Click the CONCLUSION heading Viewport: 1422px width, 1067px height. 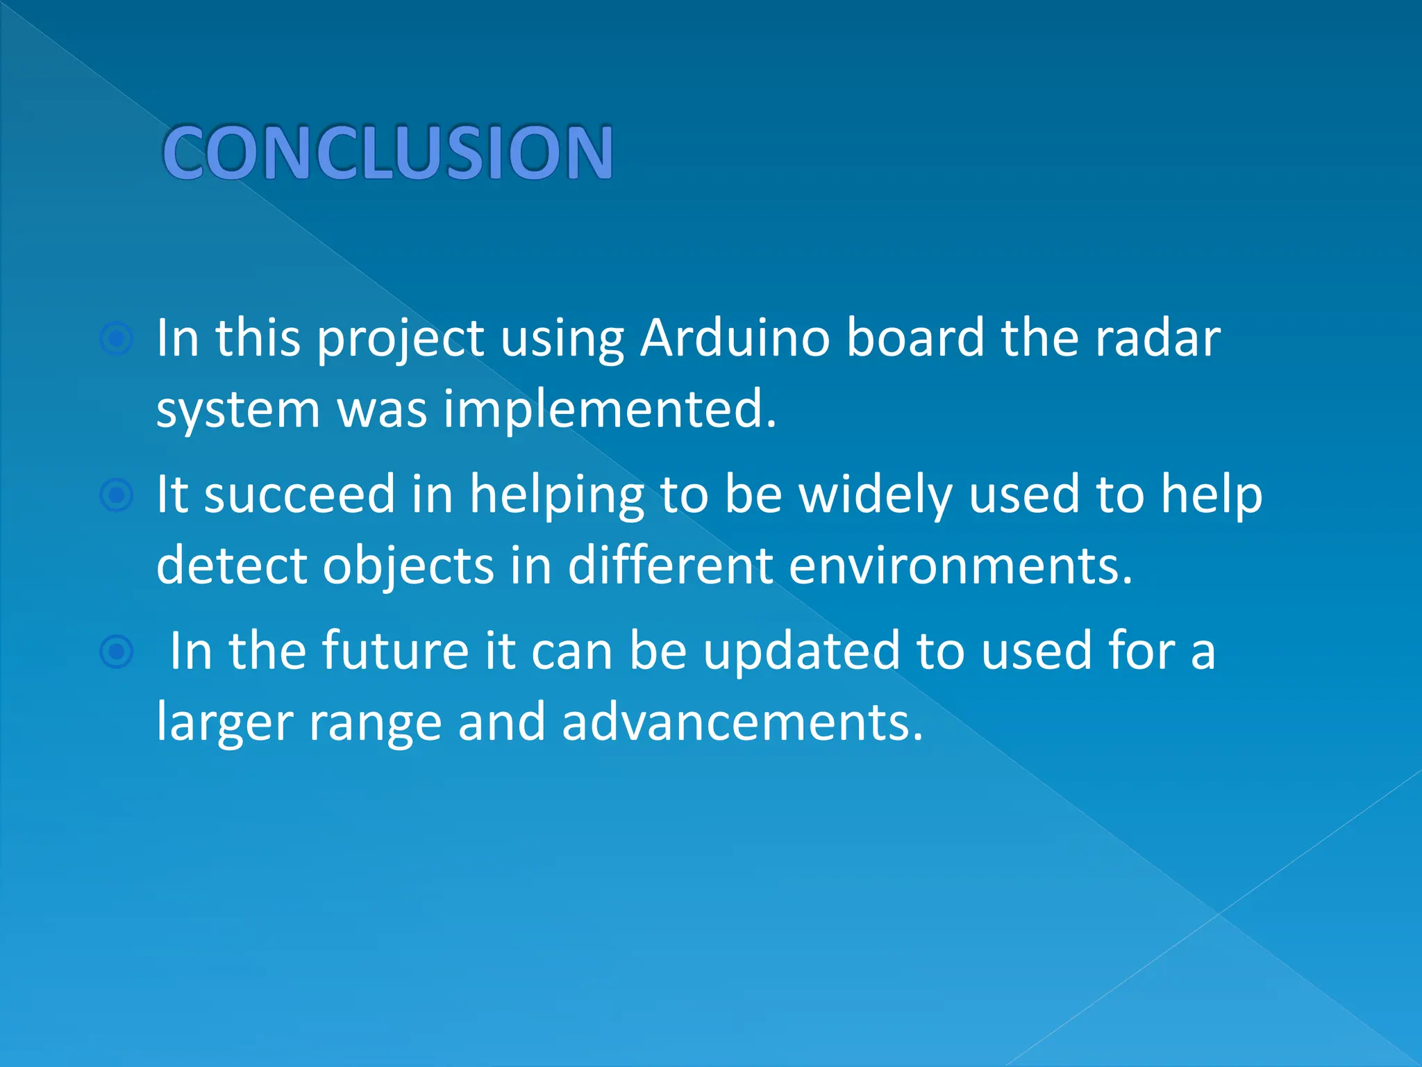387,152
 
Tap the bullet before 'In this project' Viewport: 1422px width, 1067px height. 116,339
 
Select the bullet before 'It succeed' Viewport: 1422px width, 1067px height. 116,495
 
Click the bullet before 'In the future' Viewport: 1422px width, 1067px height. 116,652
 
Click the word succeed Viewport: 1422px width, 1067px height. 299,495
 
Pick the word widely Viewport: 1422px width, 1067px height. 875,496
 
